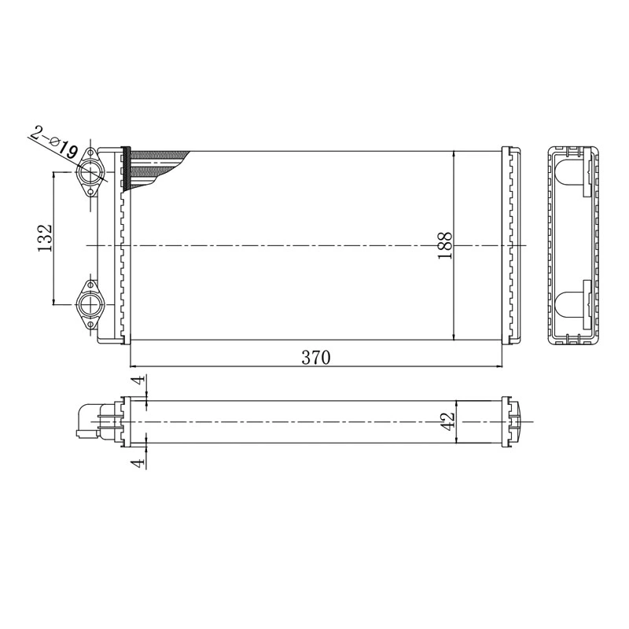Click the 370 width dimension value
pyautogui.click(x=315, y=358)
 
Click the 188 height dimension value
pyautogui.click(x=444, y=246)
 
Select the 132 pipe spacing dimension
pyautogui.click(x=45, y=237)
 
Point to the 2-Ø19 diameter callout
pyautogui.click(x=53, y=141)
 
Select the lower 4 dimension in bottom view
pyautogui.click(x=138, y=463)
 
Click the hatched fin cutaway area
pyautogui.click(x=157, y=165)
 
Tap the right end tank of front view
pyautogui.click(x=512, y=245)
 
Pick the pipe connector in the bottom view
pyautogui.click(x=88, y=421)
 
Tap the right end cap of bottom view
pyautogui.click(x=516, y=421)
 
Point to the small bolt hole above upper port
pyautogui.click(x=90, y=155)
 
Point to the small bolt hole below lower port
pyautogui.click(x=90, y=324)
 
